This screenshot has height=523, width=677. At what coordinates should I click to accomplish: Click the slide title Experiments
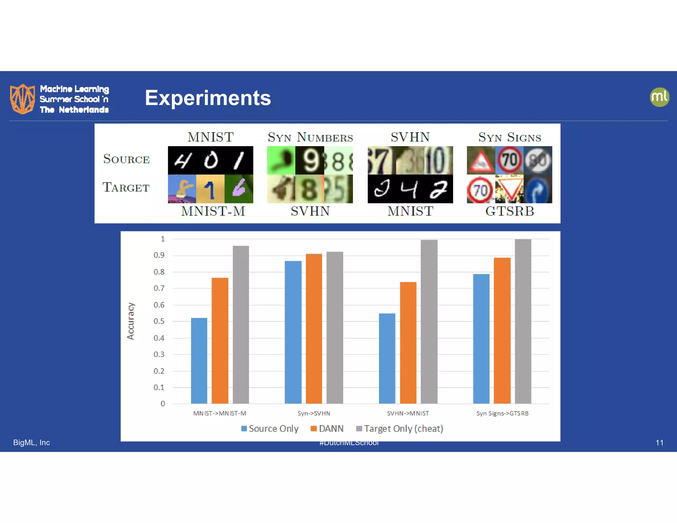pos(208,98)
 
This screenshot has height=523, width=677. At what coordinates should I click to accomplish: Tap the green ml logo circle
pos(659,97)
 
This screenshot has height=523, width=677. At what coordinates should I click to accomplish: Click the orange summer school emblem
pos(22,99)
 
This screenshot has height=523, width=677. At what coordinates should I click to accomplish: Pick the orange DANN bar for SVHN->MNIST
pos(408,342)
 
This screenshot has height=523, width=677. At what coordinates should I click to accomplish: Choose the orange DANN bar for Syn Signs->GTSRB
pos(502,330)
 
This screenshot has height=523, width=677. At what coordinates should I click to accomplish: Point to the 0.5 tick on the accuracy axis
pos(159,321)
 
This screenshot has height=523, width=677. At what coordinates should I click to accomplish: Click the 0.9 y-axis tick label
pos(159,255)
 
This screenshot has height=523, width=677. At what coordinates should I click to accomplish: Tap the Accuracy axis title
pos(131,321)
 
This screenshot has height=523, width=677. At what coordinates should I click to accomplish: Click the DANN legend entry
pos(327,429)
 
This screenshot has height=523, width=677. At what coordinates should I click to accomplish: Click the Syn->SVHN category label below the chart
pos(314,413)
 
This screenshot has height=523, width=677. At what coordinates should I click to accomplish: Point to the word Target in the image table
pos(126,187)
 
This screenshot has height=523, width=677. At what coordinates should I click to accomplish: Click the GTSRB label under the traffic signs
pos(509,211)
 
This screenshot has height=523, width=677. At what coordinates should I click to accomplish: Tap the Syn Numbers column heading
pos(310,137)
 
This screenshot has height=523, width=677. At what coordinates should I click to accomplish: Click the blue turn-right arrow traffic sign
pos(538,189)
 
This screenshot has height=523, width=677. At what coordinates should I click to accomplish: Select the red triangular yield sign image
pos(509,188)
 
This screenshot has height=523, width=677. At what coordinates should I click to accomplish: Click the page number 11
pos(659,443)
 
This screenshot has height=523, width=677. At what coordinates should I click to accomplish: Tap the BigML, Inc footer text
pos(31,443)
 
